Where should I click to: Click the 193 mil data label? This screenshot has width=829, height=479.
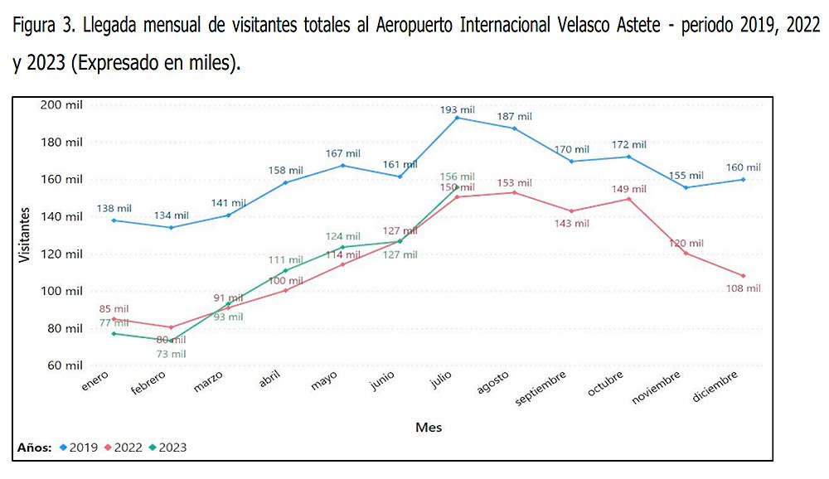pyautogui.click(x=457, y=109)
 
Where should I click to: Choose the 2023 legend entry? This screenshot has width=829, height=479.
pyautogui.click(x=167, y=448)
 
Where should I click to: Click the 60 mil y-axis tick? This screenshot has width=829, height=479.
pyautogui.click(x=65, y=365)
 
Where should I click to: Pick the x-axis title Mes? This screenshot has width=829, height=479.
pyautogui.click(x=429, y=428)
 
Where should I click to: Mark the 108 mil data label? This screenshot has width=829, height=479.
pyautogui.click(x=743, y=288)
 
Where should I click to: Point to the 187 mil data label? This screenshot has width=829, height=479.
pyautogui.click(x=514, y=117)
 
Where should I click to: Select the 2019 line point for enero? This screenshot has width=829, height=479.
pyautogui.click(x=114, y=220)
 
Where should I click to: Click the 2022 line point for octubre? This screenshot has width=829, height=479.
pyautogui.click(x=628, y=199)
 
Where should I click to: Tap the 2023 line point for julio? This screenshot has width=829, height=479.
pyautogui.click(x=457, y=186)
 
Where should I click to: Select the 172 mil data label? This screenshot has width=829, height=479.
pyautogui.click(x=629, y=146)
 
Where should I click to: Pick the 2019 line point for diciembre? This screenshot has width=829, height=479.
pyautogui.click(x=743, y=179)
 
